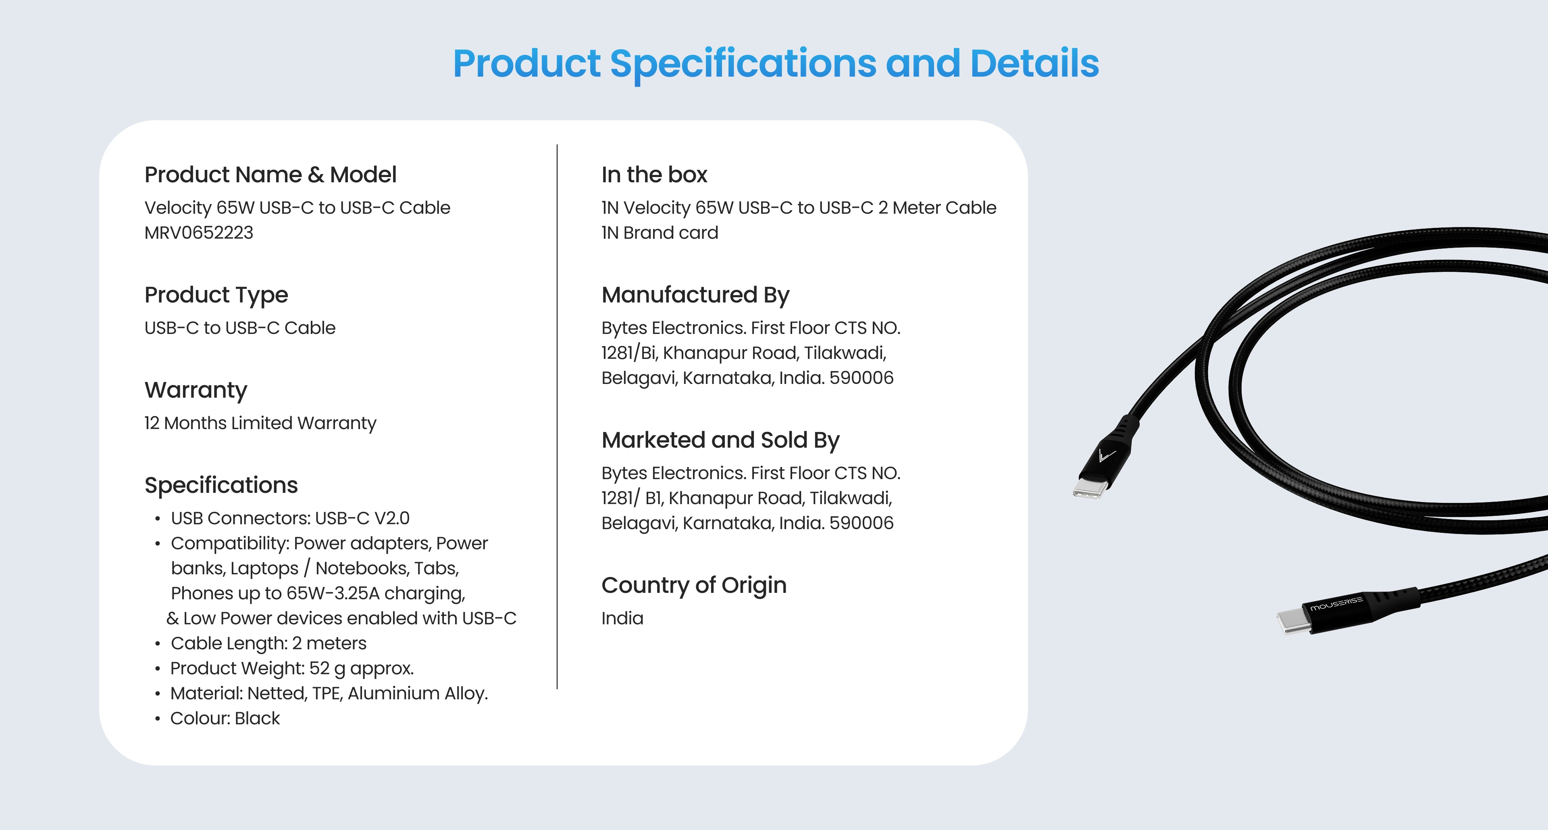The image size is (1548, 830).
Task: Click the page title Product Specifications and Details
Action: tap(776, 64)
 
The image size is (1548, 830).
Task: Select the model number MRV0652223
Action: tap(199, 233)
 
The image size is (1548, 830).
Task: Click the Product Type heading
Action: tap(216, 295)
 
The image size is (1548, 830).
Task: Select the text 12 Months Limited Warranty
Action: tap(260, 423)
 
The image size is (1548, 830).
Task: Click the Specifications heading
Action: tap(221, 485)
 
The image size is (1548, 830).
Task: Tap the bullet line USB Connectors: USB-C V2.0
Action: tap(290, 518)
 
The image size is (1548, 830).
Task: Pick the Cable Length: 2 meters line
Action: tap(268, 643)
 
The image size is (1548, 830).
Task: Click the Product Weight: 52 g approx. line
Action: tap(292, 668)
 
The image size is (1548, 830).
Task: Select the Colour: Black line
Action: tap(225, 718)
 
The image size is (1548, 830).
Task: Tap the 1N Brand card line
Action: tap(660, 233)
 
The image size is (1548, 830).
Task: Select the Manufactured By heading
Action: tap(695, 295)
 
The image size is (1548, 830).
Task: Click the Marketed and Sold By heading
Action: tap(720, 440)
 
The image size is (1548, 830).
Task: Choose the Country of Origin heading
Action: tap(694, 585)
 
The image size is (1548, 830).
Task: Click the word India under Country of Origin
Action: tap(622, 618)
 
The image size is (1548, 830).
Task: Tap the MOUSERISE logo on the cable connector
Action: tap(1336, 603)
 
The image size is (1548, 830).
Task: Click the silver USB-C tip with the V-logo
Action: tap(1090, 488)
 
